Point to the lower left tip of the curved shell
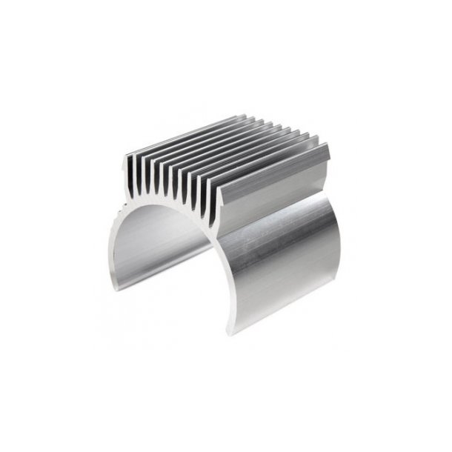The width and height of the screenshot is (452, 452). click(x=110, y=280)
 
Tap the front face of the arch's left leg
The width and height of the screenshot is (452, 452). click(x=117, y=245)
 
